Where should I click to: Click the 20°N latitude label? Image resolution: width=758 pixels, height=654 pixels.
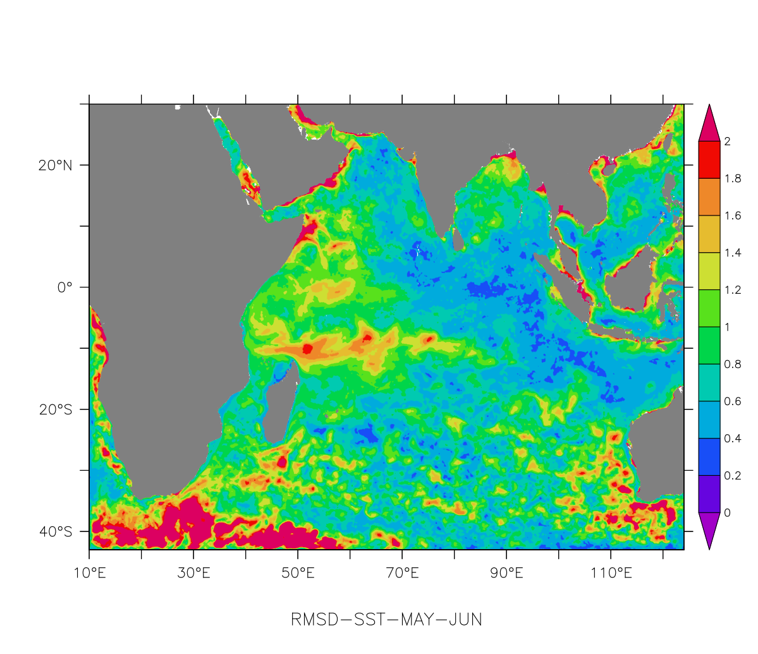pos(55,166)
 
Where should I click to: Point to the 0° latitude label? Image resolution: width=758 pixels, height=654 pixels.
pos(65,288)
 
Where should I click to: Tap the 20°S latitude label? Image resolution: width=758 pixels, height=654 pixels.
pos(55,409)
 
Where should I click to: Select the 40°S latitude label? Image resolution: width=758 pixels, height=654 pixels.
pos(55,531)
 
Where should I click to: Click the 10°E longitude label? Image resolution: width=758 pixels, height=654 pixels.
pos(89,574)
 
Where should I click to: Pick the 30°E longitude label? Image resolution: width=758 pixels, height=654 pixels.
pos(193,574)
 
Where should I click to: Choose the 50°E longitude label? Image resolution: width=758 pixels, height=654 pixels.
pos(298,574)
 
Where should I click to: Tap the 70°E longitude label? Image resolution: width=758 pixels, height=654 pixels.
pos(402,574)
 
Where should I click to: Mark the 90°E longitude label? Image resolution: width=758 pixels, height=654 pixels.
pos(506,574)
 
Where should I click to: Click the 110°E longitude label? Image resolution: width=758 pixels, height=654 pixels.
pos(611,574)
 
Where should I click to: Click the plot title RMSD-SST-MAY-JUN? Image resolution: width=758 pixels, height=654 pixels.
pos(386,620)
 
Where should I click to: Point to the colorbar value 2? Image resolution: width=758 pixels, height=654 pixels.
pos(727,142)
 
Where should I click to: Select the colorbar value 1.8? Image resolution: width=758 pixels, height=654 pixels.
pos(733,179)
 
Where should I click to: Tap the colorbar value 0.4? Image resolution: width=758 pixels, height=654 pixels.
pos(733,439)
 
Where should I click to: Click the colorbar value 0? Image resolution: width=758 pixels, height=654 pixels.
pos(727,512)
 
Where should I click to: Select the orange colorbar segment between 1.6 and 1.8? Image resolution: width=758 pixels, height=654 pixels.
pos(709,197)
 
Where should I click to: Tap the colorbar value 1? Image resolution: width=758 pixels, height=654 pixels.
pos(727,327)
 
